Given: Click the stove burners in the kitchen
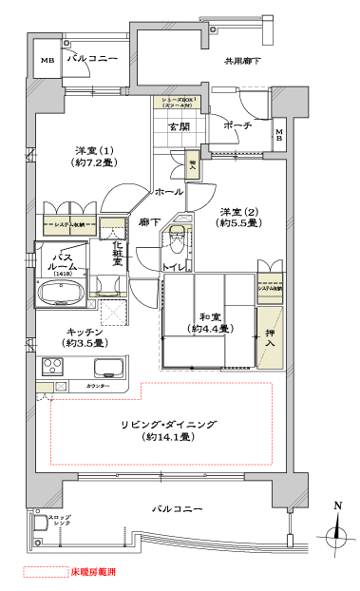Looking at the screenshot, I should click(51, 367).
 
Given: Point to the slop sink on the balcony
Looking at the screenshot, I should click(41, 523).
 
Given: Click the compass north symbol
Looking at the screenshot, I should click(337, 534).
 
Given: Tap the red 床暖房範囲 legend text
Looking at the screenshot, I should click(94, 573).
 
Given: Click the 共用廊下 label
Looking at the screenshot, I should click(242, 63).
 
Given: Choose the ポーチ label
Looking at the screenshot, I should click(237, 125).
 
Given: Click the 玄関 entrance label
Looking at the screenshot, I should click(179, 126).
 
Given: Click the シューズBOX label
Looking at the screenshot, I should click(178, 102).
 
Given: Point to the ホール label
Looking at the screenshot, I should click(169, 192).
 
